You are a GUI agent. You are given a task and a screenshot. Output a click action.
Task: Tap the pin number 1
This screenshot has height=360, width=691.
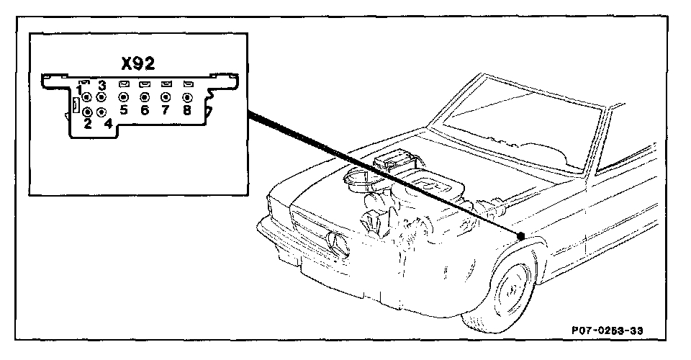pos(79,89)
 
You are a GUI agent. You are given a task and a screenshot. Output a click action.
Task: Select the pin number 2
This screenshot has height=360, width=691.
pos(87,125)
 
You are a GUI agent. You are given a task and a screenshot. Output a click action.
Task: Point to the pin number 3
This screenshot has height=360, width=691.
pos(101,86)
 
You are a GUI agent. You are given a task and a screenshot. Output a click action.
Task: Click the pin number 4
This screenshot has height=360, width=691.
pos(108,125)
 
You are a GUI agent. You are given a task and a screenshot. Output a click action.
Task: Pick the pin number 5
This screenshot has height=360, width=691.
pos(124,110)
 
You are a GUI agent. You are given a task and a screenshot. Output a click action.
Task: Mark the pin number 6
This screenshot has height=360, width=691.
pos(145,110)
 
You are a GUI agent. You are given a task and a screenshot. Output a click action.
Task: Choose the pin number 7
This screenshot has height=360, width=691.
pos(166,110)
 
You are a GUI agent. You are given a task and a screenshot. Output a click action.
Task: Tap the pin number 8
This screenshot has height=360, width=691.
pos(187,110)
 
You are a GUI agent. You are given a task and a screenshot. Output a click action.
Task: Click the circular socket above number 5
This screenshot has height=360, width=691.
pos(123,96)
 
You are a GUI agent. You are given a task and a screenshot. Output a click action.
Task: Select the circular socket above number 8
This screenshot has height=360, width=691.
pos(187,96)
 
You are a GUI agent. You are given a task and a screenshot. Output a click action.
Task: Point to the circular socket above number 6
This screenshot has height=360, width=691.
pos(145,96)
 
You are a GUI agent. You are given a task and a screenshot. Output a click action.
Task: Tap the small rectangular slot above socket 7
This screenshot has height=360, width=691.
pos(166,84)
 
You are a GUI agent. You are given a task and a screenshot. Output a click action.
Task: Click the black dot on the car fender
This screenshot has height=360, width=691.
pos(520,235)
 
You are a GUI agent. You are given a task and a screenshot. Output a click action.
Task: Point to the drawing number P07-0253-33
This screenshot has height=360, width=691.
pos(607,330)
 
